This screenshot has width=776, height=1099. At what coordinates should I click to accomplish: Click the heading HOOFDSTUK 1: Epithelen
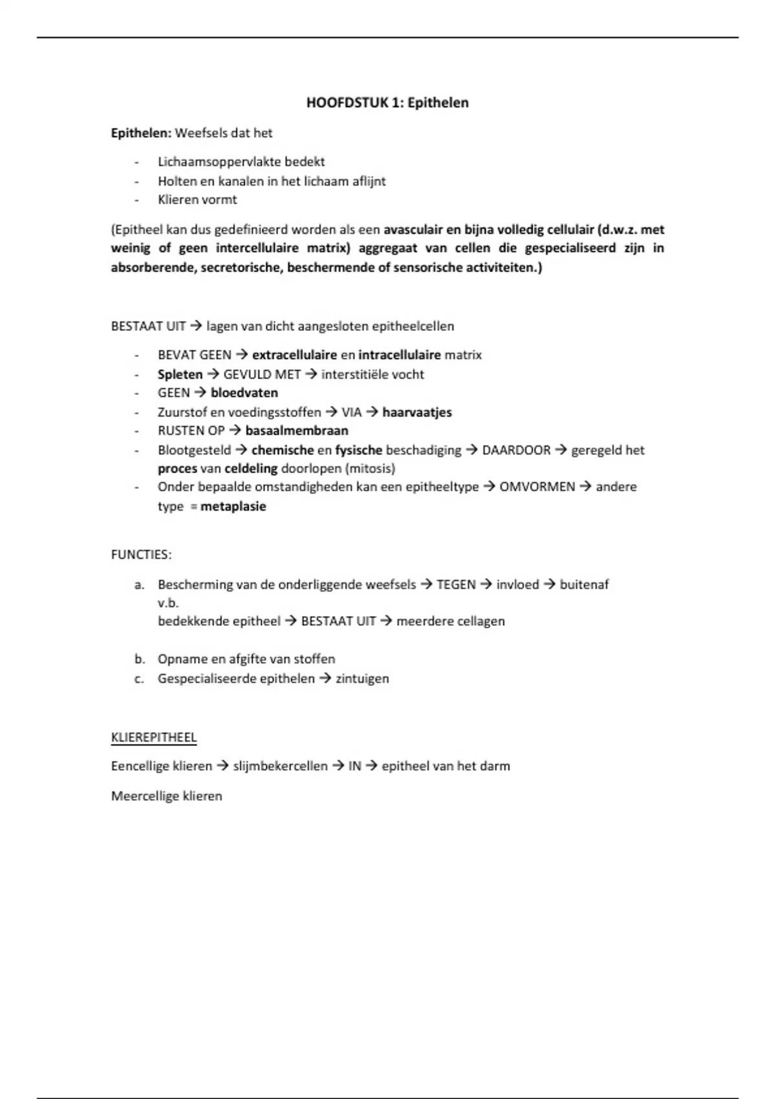(x=387, y=103)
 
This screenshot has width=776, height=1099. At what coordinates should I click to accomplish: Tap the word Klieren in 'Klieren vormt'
(x=178, y=200)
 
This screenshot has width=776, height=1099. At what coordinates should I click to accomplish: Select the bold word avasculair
(x=413, y=229)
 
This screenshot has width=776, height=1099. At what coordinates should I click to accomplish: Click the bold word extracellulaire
(x=294, y=355)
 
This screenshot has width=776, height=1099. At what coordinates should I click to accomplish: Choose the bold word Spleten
(x=180, y=374)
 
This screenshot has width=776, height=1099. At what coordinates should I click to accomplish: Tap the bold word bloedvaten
(x=244, y=393)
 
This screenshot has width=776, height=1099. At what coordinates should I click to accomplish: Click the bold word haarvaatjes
(x=416, y=412)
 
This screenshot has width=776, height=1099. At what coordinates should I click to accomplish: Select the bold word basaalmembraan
(x=296, y=431)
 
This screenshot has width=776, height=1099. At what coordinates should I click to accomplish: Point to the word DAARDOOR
(x=516, y=450)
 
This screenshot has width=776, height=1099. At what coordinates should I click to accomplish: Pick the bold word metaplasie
(x=233, y=506)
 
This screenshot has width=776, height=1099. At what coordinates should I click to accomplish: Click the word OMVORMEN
(x=537, y=487)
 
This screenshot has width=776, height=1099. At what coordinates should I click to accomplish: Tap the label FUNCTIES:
(x=141, y=555)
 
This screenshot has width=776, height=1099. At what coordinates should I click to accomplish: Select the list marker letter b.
(x=139, y=659)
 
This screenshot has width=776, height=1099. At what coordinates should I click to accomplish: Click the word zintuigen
(x=362, y=679)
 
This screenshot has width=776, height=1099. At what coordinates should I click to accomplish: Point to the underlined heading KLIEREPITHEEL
(x=154, y=738)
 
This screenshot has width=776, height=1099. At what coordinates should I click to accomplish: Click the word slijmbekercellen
(x=280, y=766)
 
